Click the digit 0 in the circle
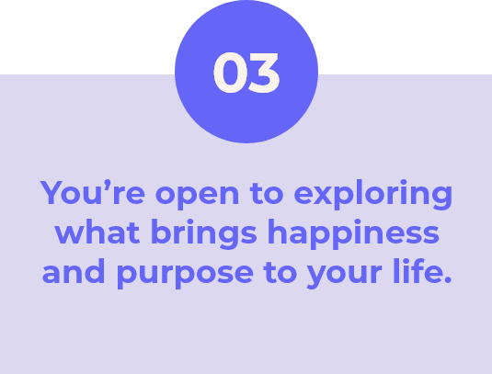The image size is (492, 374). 229,73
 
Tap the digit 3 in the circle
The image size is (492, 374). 263,73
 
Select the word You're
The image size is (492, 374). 93,192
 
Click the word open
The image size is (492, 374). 197,196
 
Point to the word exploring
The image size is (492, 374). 373,195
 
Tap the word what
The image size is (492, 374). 97,232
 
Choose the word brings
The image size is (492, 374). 204,233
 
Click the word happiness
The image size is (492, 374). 353,233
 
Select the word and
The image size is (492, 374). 74,271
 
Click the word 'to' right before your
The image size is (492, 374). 280,272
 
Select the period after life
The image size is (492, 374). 448,279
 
